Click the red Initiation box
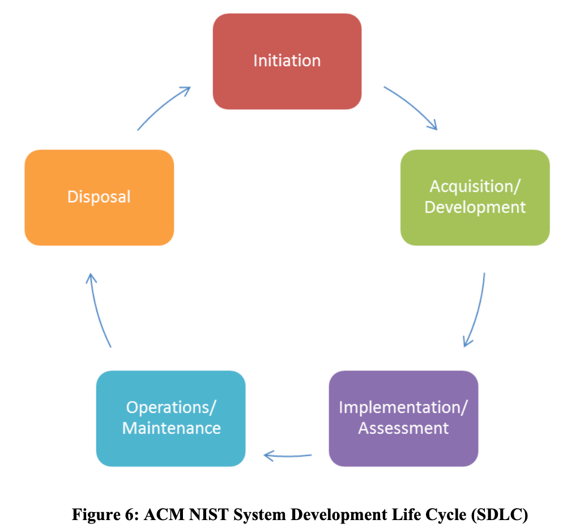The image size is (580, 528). (287, 61)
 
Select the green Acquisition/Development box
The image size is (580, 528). (475, 197)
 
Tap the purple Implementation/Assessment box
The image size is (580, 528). (403, 418)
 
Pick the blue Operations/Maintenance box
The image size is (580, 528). (171, 418)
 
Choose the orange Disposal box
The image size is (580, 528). (99, 197)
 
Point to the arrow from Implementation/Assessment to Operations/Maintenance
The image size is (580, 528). (288, 455)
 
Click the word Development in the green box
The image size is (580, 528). (475, 207)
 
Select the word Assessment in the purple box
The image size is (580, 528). (403, 428)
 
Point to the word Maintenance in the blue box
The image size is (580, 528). (171, 428)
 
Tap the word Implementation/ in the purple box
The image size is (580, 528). (403, 407)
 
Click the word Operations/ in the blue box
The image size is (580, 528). (171, 407)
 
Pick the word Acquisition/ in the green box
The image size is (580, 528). (475, 186)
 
